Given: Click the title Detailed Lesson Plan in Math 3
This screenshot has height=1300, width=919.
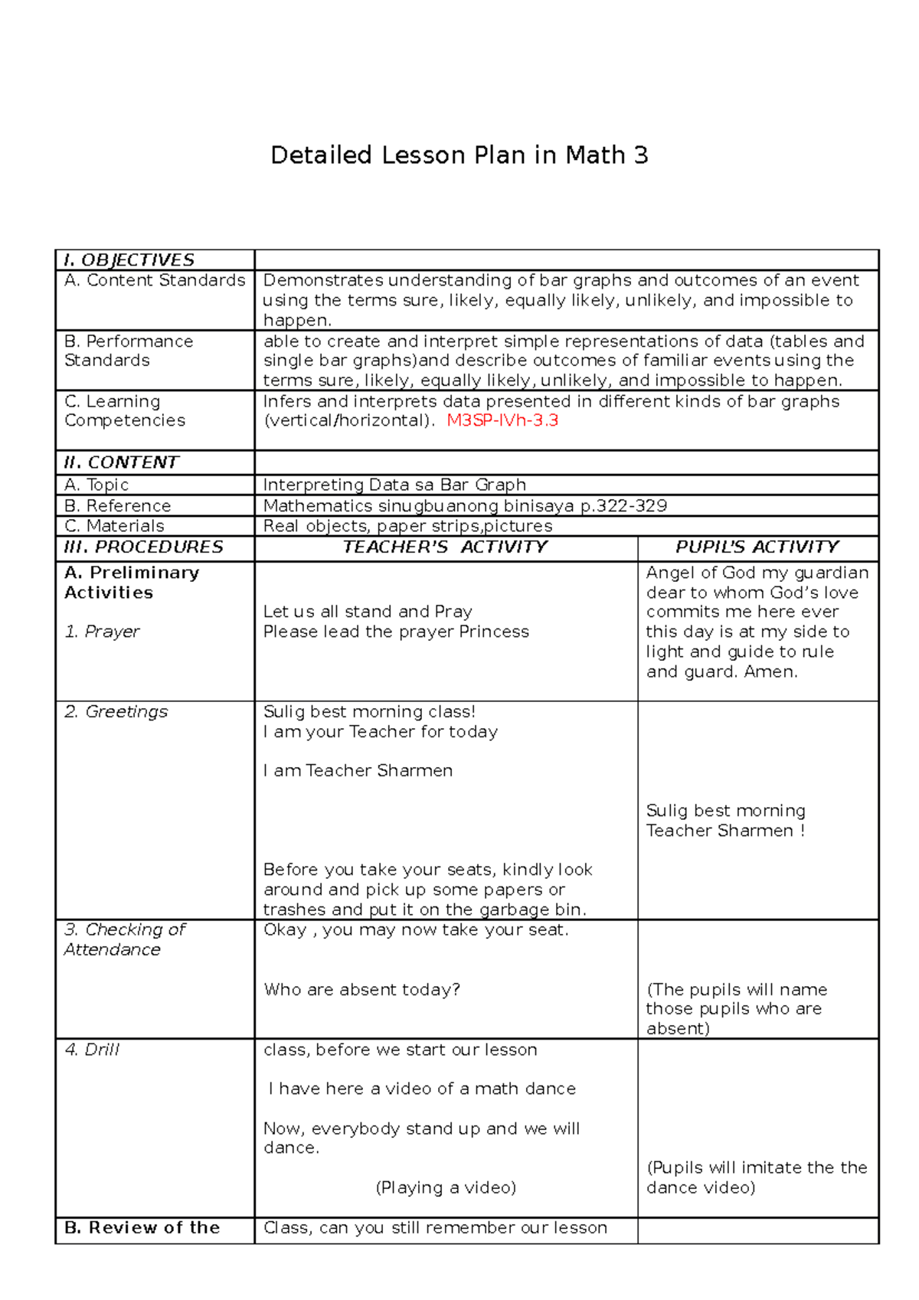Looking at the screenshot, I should (459, 155).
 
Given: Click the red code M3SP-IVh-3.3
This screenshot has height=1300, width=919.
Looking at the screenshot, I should (502, 420).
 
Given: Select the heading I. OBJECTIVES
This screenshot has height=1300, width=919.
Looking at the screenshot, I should (129, 260).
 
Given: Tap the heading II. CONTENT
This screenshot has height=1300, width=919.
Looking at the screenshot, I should (122, 462).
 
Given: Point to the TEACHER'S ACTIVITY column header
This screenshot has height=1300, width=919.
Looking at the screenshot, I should (445, 547).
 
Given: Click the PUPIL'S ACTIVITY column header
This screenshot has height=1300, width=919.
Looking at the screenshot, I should (757, 547).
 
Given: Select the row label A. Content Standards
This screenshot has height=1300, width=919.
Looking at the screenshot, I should (155, 280).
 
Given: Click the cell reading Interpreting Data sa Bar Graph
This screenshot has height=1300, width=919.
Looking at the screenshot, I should (394, 485).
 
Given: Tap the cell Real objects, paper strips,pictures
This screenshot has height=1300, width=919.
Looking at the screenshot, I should (407, 526).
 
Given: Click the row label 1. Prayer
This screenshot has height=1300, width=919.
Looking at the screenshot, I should (102, 632).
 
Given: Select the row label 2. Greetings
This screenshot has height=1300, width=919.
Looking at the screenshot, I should (116, 712).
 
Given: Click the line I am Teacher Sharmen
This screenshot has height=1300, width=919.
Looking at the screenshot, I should (358, 771).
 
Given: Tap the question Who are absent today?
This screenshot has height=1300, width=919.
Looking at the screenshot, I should (361, 990).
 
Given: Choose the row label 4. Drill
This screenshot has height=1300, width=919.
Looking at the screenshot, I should (92, 1050).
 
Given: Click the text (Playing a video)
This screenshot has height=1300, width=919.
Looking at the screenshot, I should (446, 1187).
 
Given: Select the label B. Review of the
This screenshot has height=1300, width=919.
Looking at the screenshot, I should (142, 1228).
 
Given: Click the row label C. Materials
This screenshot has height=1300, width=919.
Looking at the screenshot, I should (114, 526).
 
